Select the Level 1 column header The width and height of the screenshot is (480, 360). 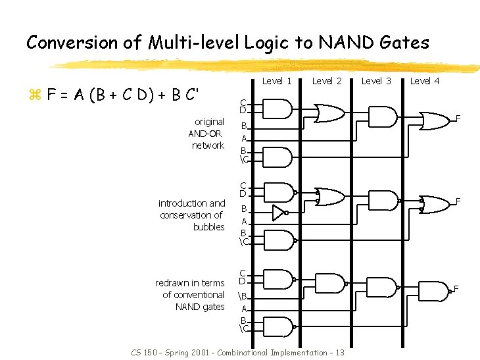pos(277,81)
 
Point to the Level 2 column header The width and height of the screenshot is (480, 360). pos(327,81)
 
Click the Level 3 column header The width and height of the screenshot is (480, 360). pos(377,81)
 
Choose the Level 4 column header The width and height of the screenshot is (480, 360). pos(425,81)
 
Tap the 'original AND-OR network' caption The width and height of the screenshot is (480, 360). pos(206,134)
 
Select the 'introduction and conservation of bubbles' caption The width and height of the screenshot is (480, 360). pos(192,215)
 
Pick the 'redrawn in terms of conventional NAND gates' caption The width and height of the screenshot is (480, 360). pos(190,295)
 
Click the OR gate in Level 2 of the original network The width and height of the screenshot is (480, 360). pos(327,113)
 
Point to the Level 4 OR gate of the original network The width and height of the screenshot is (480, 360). pos(435,120)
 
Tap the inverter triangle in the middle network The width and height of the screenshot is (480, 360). pos(279,213)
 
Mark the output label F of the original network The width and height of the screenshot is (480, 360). pos(458,119)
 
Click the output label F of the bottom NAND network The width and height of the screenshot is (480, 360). pos(456,289)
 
